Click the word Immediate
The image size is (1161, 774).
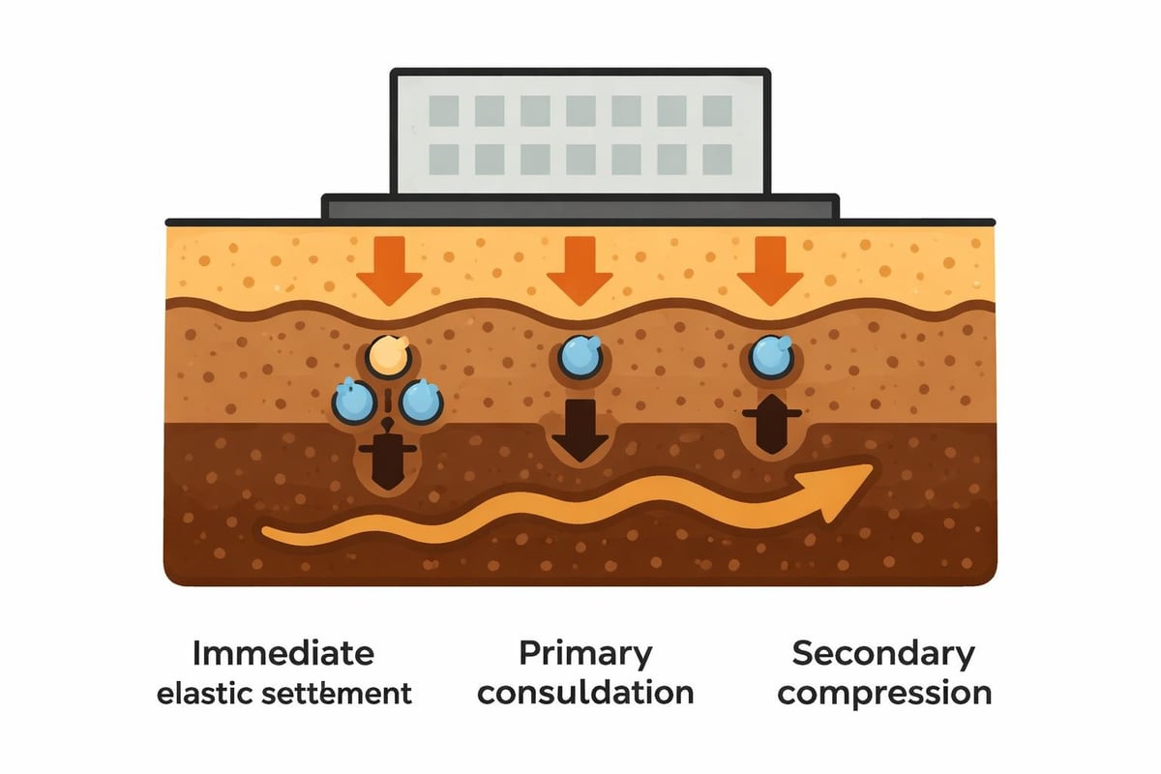pos(283,653)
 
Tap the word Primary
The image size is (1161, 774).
pos(585,653)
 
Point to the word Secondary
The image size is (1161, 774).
pos(882,653)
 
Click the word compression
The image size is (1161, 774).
pos(882,693)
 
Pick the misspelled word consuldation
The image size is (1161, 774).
pos(585,693)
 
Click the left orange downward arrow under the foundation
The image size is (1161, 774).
pos(389,274)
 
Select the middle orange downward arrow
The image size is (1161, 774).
pos(580,274)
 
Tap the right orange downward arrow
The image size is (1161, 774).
pos(770,274)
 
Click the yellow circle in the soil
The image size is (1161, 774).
pos(390,357)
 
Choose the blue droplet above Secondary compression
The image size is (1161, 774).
pos(771,357)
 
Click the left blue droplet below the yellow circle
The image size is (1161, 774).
pos(354,401)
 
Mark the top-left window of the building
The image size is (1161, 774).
pos(444,112)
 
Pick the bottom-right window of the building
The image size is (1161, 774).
pos(717,159)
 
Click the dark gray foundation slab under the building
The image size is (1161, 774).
pos(580,206)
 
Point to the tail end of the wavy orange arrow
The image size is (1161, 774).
pos(266,533)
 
